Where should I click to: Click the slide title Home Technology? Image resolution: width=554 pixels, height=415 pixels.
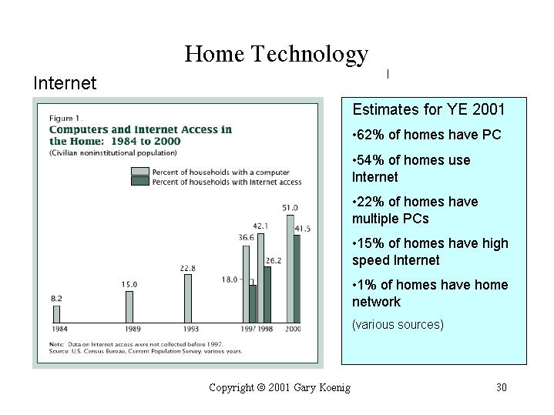277,55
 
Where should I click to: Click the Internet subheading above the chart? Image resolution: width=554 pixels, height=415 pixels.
65,83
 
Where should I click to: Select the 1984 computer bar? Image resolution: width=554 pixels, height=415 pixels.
56,314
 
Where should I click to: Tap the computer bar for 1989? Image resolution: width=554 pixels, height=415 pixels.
129,307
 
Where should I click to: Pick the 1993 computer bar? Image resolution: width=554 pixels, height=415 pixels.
188,299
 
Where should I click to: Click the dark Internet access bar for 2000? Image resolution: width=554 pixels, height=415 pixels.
297,279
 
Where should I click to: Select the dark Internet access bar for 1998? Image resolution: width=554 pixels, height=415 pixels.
267,295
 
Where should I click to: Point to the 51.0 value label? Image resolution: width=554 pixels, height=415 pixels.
290,208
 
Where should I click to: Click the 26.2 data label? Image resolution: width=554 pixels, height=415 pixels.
274,261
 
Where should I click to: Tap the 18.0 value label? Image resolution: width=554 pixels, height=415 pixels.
230,279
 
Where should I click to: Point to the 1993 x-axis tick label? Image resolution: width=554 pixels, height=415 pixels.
191,330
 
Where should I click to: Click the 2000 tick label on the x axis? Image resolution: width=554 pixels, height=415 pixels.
293,330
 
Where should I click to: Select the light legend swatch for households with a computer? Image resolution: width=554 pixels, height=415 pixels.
140,172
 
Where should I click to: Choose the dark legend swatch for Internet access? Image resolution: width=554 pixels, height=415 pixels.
140,181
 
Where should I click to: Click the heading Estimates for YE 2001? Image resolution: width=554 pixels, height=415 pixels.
428,109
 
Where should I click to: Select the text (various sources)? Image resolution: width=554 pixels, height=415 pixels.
398,325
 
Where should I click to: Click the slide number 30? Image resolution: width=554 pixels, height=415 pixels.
502,387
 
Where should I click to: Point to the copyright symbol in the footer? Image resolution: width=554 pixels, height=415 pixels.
261,387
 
